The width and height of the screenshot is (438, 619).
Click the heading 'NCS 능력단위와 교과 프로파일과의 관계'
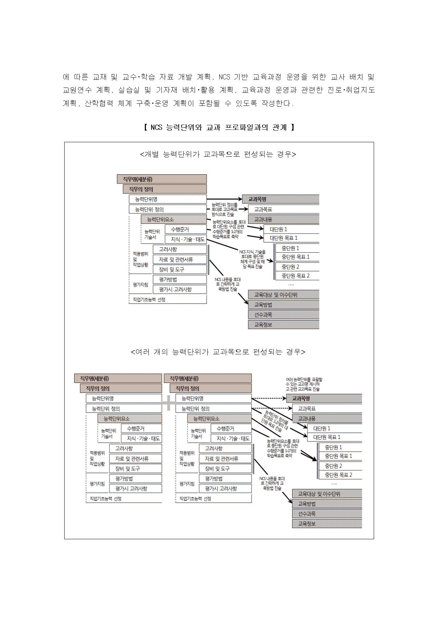coord(219,127)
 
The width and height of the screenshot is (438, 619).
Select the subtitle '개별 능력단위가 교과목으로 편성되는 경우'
coord(218,154)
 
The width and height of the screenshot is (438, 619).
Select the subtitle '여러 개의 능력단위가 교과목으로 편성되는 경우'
coord(218,352)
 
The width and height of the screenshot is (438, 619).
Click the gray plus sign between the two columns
coord(168,403)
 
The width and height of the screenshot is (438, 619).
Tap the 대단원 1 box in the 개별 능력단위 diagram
coord(291,229)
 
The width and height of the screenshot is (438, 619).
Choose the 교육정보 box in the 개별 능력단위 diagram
coord(283,324)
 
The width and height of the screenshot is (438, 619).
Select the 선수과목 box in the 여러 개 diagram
coord(327,514)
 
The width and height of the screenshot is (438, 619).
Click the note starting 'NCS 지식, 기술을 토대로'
coord(252,259)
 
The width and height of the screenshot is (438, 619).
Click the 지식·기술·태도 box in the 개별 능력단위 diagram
coord(186,239)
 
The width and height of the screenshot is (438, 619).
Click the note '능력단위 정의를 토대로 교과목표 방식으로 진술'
coord(224,209)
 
